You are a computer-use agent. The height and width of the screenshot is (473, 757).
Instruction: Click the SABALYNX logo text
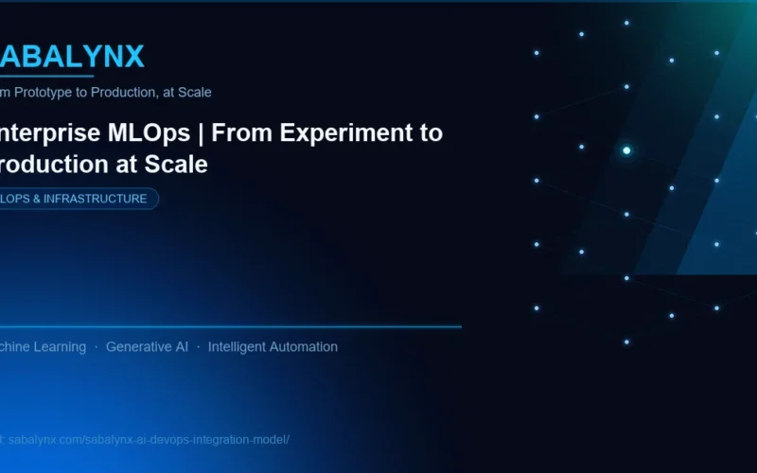pyautogui.click(x=72, y=57)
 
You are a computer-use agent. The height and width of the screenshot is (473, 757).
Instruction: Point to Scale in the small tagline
pyautogui.click(x=195, y=93)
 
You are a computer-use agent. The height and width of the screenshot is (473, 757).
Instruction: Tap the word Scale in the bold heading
pyautogui.click(x=177, y=164)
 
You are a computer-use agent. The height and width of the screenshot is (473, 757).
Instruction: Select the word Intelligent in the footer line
pyautogui.click(x=238, y=347)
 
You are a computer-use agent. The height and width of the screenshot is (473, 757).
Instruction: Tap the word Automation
pyautogui.click(x=305, y=347)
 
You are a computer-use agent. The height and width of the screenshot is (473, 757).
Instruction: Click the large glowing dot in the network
pyautogui.click(x=626, y=150)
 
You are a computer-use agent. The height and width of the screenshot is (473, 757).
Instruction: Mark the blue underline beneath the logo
pyautogui.click(x=47, y=76)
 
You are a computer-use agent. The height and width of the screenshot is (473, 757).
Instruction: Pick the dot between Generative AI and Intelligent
pyautogui.click(x=198, y=347)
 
